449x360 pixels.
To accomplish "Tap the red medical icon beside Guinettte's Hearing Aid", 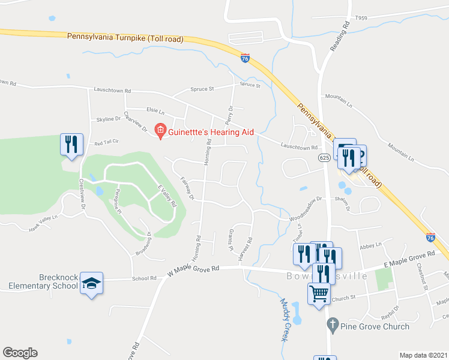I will tap(160, 130).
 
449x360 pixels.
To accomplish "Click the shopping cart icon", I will tap(319, 294).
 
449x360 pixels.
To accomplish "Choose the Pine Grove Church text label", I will tap(375, 326).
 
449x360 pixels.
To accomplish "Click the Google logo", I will tap(20, 353).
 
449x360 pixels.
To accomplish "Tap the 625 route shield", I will tap(325, 157).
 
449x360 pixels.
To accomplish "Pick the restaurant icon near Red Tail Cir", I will tap(70, 145).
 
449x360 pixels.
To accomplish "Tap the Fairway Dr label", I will tap(187, 188).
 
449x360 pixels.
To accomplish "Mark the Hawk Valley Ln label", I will tap(43, 221).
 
